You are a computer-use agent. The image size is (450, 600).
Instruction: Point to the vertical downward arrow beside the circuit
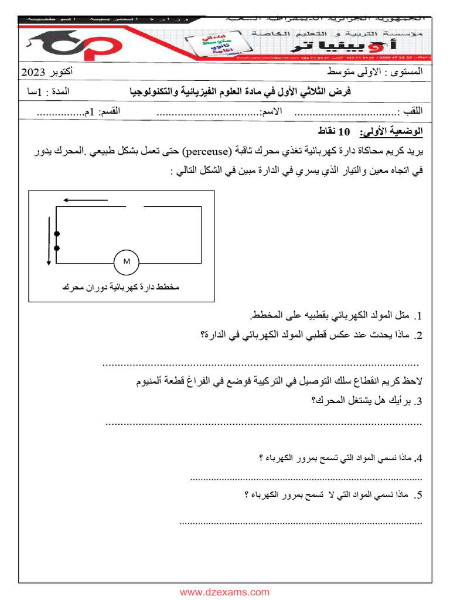point(49,241)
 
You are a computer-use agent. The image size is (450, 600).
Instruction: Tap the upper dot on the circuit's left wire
point(56,234)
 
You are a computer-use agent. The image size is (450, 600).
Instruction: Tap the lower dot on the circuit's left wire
point(56,248)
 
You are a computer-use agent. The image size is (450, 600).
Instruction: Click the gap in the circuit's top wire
point(134,206)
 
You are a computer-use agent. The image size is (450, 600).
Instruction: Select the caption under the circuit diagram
point(120,288)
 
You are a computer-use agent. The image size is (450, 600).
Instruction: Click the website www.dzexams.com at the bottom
point(224,592)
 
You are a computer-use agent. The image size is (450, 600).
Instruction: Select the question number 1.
point(418,316)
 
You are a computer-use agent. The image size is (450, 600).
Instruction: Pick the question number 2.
point(418,336)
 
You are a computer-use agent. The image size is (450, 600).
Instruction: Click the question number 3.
point(417,402)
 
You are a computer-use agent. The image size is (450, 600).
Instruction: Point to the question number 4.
point(418,459)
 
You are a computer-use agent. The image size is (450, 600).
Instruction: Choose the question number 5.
point(418,496)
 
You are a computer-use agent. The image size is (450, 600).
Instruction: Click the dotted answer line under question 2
point(261,364)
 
